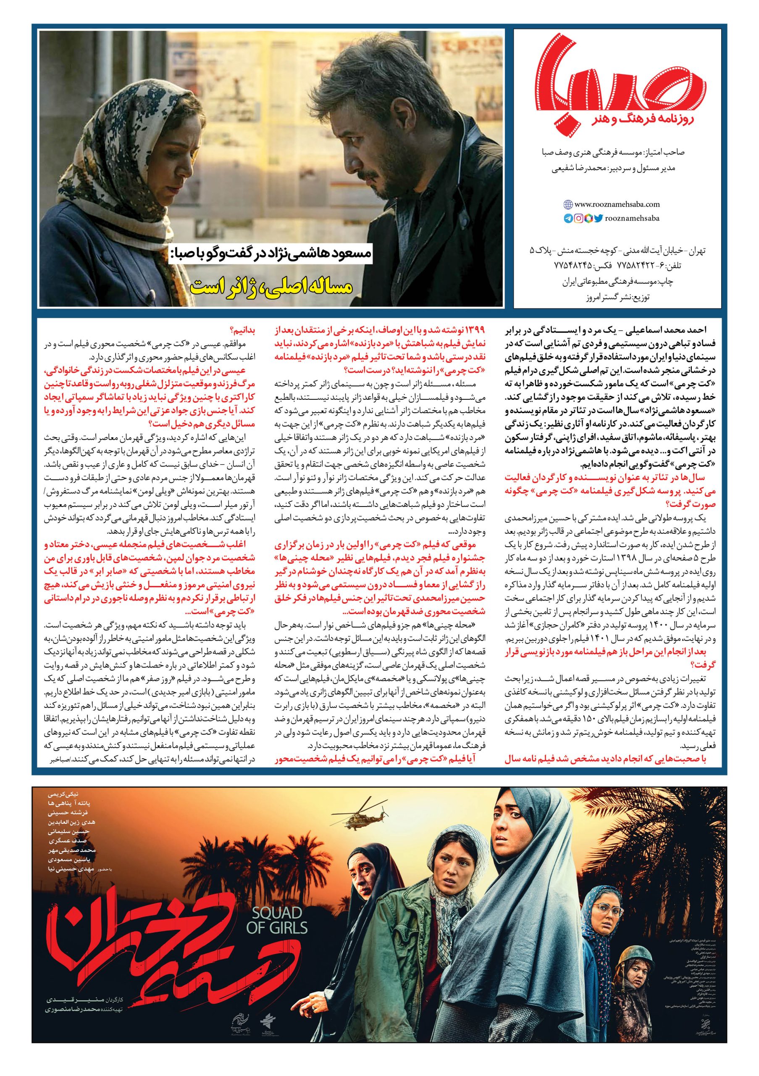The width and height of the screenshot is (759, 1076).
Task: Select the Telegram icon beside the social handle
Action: [568, 218]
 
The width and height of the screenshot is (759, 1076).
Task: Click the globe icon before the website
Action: [567, 204]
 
